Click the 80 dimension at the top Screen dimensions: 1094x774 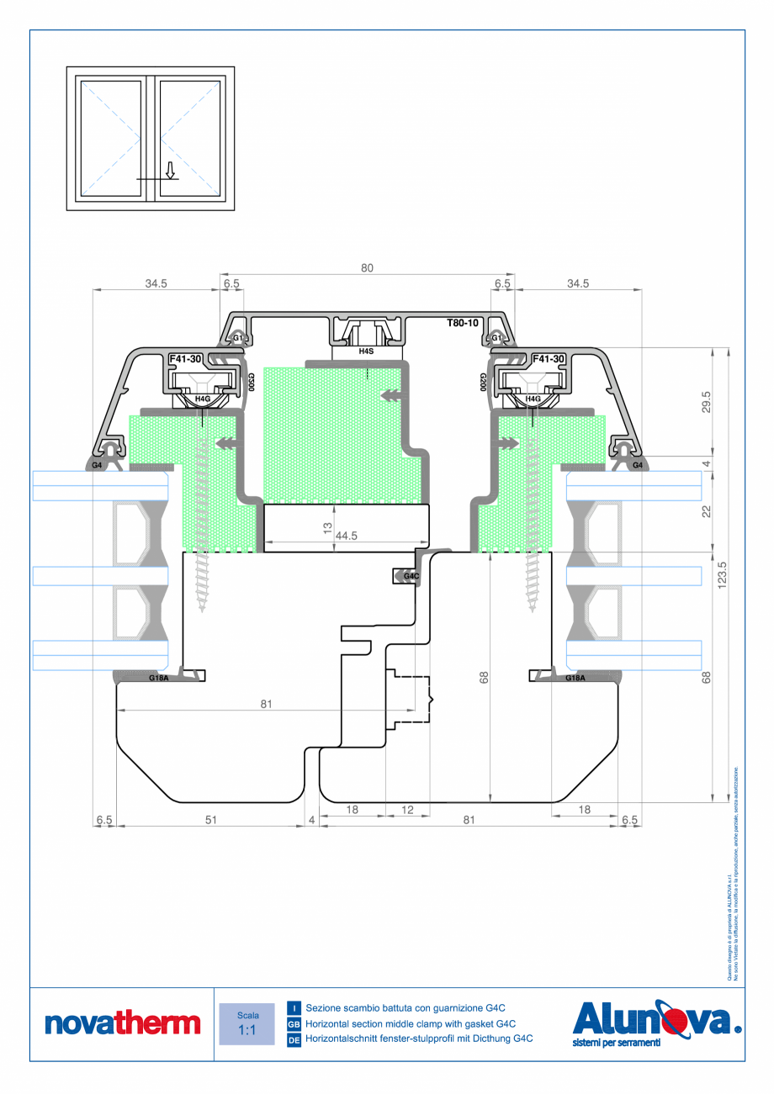point(367,267)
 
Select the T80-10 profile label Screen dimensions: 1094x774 point(462,323)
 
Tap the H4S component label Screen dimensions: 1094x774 point(366,351)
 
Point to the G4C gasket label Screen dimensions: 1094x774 point(411,576)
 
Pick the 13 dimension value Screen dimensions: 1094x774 point(326,528)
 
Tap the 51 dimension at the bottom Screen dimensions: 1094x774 point(210,820)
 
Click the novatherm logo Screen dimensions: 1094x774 point(122,1023)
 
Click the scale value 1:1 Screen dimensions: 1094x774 point(247,1030)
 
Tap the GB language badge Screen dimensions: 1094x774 point(294,1023)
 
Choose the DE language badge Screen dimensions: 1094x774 point(294,1039)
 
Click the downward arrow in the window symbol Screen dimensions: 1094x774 point(170,171)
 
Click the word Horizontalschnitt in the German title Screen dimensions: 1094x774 point(340,1039)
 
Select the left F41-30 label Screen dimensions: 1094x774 point(185,359)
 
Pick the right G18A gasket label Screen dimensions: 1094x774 point(575,678)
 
